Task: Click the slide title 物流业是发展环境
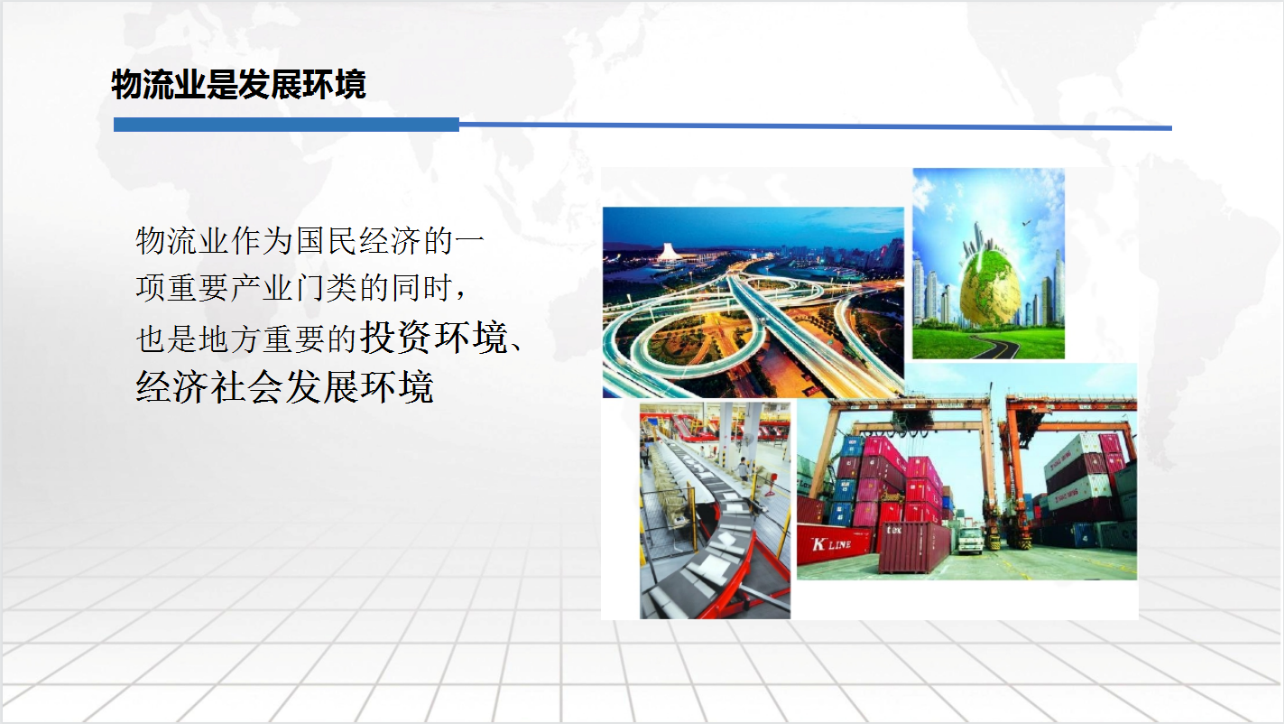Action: tap(238, 84)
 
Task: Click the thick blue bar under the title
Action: tap(286, 125)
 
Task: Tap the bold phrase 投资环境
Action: tap(434, 337)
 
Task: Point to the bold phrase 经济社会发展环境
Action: tap(284, 386)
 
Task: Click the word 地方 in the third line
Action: tap(230, 339)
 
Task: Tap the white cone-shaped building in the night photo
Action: tap(666, 252)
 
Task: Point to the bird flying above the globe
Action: tap(1026, 222)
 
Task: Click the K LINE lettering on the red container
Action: tap(831, 543)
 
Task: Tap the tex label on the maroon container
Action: tap(893, 530)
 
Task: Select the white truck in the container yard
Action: tap(970, 541)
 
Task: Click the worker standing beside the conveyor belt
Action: tap(743, 469)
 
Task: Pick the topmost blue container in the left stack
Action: tap(852, 445)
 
